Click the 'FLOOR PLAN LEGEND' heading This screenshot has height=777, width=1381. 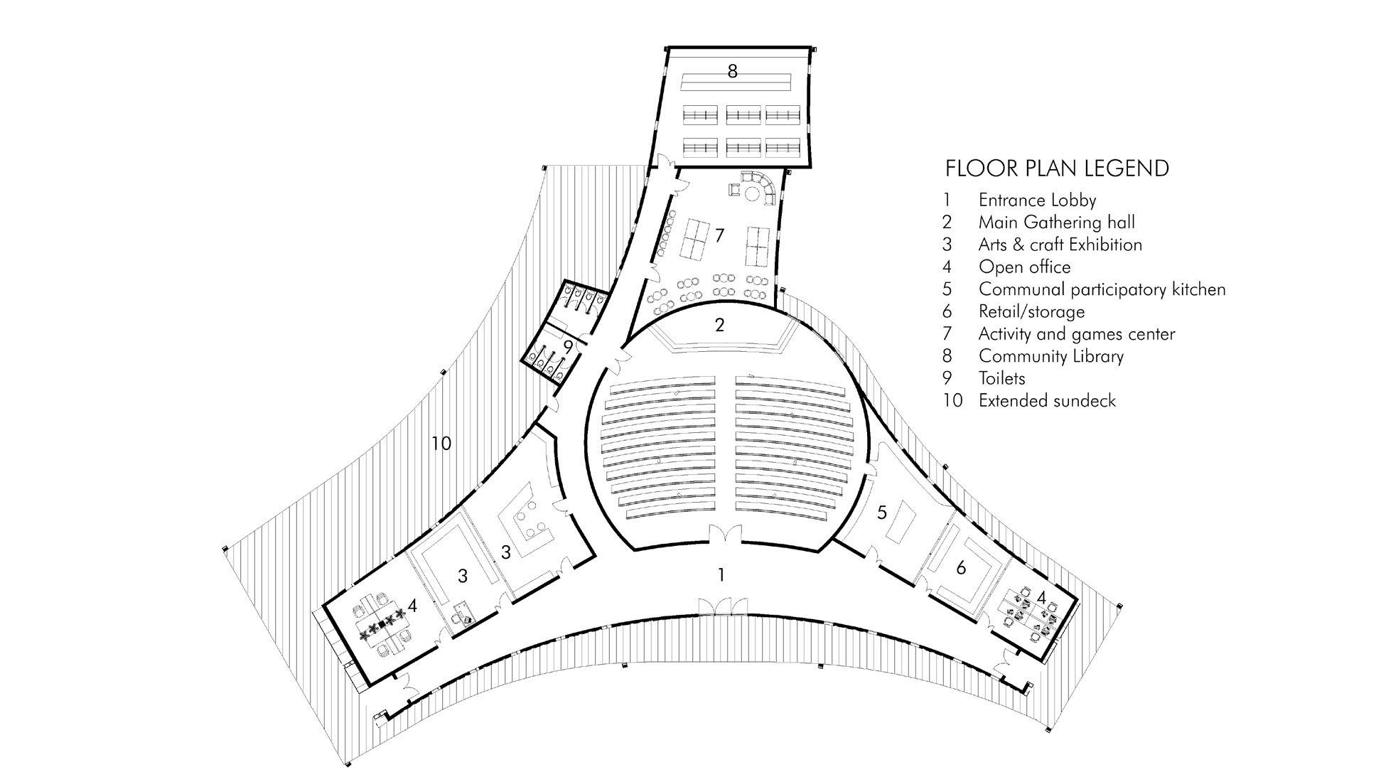[1057, 168]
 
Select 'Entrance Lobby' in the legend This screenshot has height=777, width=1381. [1037, 200]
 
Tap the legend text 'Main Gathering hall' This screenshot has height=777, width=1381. [1056, 223]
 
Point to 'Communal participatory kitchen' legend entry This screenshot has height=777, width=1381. [1102, 289]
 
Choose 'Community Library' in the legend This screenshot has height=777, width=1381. [1050, 356]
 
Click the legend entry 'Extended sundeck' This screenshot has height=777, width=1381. [1047, 401]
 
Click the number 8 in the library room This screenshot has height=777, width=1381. [733, 71]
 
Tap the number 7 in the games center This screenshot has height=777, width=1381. [720, 235]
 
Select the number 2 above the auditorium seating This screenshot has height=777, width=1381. [720, 326]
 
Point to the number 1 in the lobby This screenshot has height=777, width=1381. [721, 574]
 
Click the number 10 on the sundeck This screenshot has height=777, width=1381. [441, 444]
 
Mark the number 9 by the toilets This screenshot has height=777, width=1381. [567, 347]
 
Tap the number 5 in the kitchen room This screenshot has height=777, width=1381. [882, 513]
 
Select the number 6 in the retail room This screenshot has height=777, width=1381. [961, 567]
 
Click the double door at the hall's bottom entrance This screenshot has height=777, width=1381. [725, 535]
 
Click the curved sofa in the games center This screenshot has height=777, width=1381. [764, 188]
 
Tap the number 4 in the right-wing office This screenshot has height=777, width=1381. [1041, 598]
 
